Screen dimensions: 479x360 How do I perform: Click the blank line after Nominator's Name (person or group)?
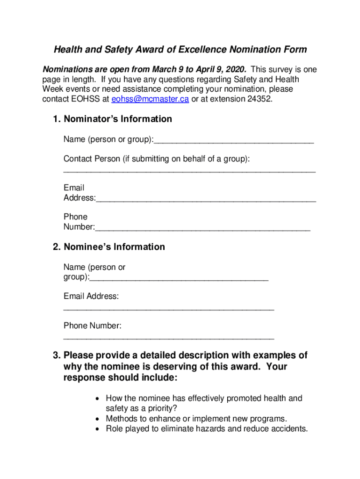tap(234, 140)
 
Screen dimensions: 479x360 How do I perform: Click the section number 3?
tap(56, 355)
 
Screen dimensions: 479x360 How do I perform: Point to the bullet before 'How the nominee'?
tap(96, 399)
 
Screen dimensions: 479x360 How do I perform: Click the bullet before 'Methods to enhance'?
tap(96, 419)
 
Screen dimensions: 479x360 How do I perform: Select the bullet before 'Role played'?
tap(96, 429)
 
